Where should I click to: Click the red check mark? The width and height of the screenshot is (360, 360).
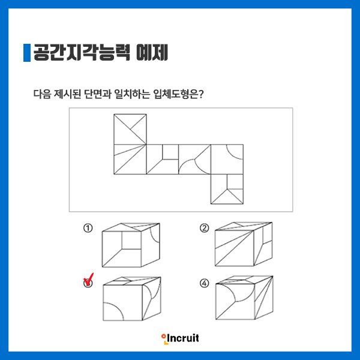pyautogui.click(x=89, y=279)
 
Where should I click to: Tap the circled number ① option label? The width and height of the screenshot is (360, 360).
pyautogui.click(x=88, y=228)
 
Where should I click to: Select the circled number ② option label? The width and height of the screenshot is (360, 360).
pyautogui.click(x=205, y=228)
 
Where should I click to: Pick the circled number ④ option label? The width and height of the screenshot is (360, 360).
pyautogui.click(x=205, y=283)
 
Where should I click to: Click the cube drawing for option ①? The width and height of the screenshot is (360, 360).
pyautogui.click(x=131, y=245)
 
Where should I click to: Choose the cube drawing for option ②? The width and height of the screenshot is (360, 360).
pyautogui.click(x=244, y=244)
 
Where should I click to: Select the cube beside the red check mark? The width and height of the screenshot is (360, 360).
pyautogui.click(x=132, y=298)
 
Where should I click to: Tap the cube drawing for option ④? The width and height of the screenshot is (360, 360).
pyautogui.click(x=244, y=298)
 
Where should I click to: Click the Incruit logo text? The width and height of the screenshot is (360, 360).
pyautogui.click(x=183, y=338)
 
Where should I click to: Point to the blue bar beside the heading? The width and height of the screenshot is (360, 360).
pyautogui.click(x=27, y=53)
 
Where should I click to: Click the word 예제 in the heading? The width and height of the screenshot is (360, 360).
pyautogui.click(x=152, y=53)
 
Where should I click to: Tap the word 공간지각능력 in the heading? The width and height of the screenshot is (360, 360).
pyautogui.click(x=82, y=53)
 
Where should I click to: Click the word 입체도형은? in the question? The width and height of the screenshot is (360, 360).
pyautogui.click(x=178, y=94)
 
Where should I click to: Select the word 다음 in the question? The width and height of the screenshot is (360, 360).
pyautogui.click(x=42, y=94)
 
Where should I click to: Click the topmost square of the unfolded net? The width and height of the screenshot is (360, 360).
pyautogui.click(x=130, y=129)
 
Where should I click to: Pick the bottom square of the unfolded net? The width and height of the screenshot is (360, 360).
pyautogui.click(x=227, y=189)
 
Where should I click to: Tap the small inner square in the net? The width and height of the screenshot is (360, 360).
pyautogui.click(x=170, y=152)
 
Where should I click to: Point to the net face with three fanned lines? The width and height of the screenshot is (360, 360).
pyautogui.click(x=130, y=160)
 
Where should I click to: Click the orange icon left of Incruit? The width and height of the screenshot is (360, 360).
pyautogui.click(x=164, y=339)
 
